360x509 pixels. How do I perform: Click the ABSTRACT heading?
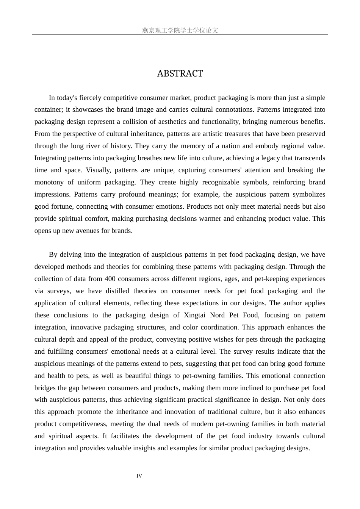pos(180,73)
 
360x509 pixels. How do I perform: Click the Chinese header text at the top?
pos(180,30)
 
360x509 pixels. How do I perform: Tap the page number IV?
pos(139,476)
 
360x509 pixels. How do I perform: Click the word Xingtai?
pos(196,315)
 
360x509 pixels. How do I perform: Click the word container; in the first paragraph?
pos(49,110)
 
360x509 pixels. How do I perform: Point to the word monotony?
pos(49,182)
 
